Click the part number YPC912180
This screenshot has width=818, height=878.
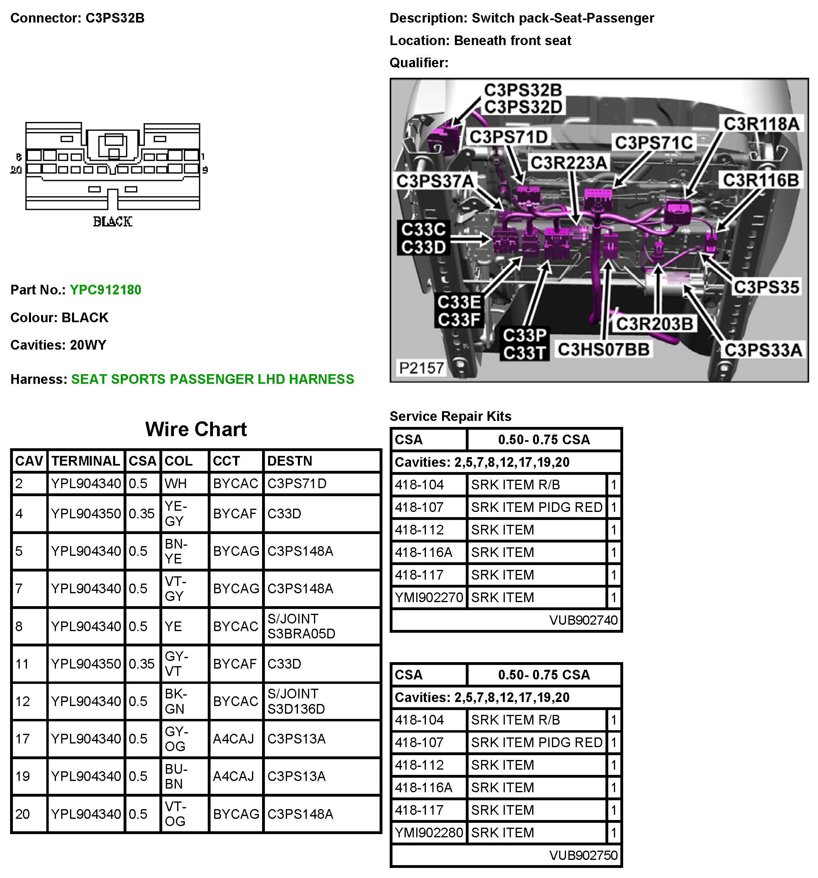click(x=105, y=290)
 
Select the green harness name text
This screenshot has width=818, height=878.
click(x=212, y=379)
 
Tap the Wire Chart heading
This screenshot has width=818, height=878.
click(x=196, y=429)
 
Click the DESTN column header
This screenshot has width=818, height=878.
click(x=289, y=461)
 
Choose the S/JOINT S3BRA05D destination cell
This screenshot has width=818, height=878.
click(x=301, y=626)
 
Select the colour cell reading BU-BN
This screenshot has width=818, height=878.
click(x=176, y=777)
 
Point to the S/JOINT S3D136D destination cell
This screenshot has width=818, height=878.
click(x=296, y=701)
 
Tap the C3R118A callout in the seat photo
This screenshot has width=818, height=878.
click(x=762, y=124)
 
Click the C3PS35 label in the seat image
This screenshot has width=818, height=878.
click(x=766, y=288)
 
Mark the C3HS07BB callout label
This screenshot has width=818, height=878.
click(x=603, y=350)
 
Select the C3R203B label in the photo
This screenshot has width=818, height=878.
click(x=654, y=324)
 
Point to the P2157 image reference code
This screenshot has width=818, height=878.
click(x=421, y=368)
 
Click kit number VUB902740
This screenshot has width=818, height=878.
click(x=583, y=620)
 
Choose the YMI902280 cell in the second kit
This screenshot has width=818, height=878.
click(x=429, y=832)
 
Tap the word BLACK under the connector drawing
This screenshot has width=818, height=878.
click(x=112, y=222)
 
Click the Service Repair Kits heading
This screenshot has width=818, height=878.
click(x=450, y=416)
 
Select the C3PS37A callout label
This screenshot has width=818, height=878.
click(x=435, y=181)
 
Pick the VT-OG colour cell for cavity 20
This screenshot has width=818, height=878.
click(x=176, y=814)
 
